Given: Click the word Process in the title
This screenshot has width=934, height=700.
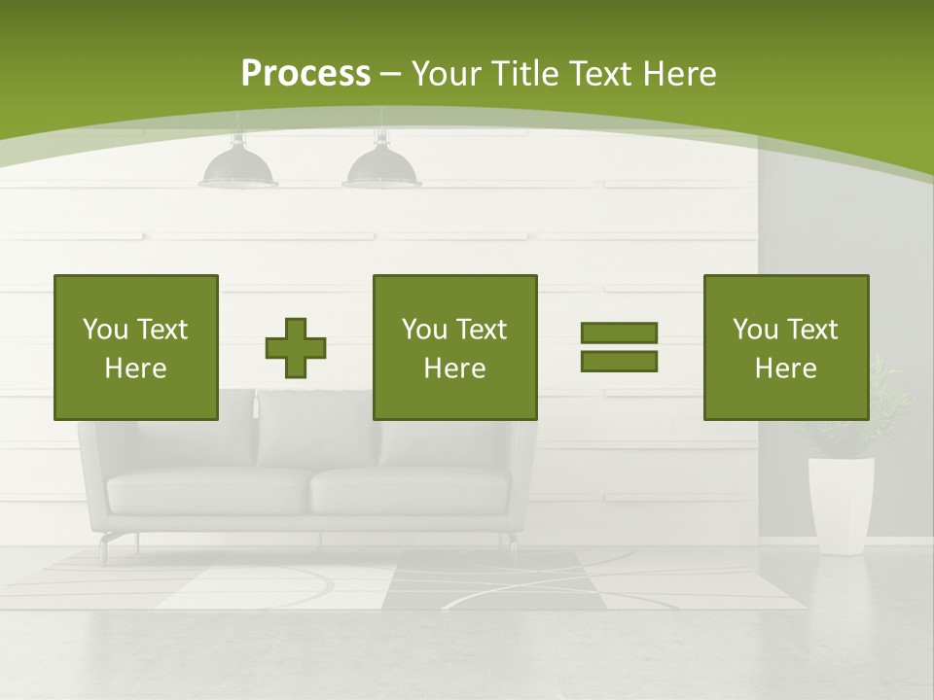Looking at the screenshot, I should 305,74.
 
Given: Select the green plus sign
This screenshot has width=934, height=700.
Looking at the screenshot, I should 296,348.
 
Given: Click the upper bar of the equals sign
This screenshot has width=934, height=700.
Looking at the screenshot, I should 619,333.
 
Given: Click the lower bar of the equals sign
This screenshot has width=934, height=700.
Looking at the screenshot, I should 619,362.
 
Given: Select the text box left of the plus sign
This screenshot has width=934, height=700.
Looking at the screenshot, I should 136,347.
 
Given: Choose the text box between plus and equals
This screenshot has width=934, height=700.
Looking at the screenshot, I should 455,347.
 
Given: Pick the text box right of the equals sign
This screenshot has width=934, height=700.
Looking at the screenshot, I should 785,347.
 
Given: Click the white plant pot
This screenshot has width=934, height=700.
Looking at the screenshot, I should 841,504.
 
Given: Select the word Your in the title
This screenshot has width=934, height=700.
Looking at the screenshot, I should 444,74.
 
